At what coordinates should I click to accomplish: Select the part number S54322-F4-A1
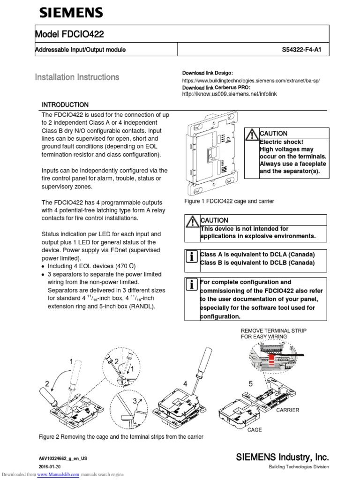pyautogui.click(x=305, y=50)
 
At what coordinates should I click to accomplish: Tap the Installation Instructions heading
pyautogui.click(x=77, y=77)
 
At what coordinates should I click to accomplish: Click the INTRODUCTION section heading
pyautogui.click(x=65, y=105)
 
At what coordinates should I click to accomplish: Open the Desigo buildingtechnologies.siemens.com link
pyautogui.click(x=251, y=81)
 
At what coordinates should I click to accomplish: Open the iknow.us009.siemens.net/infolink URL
pyautogui.click(x=230, y=94)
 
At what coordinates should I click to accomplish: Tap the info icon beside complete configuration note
pyautogui.click(x=191, y=284)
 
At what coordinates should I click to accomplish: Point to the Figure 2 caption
pyautogui.click(x=121, y=437)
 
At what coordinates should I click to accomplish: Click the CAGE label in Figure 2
pyautogui.click(x=255, y=429)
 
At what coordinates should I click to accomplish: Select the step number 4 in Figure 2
pyautogui.click(x=186, y=384)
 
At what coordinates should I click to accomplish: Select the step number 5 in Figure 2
pyautogui.click(x=250, y=384)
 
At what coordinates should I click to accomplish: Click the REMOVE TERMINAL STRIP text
pyautogui.click(x=274, y=330)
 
